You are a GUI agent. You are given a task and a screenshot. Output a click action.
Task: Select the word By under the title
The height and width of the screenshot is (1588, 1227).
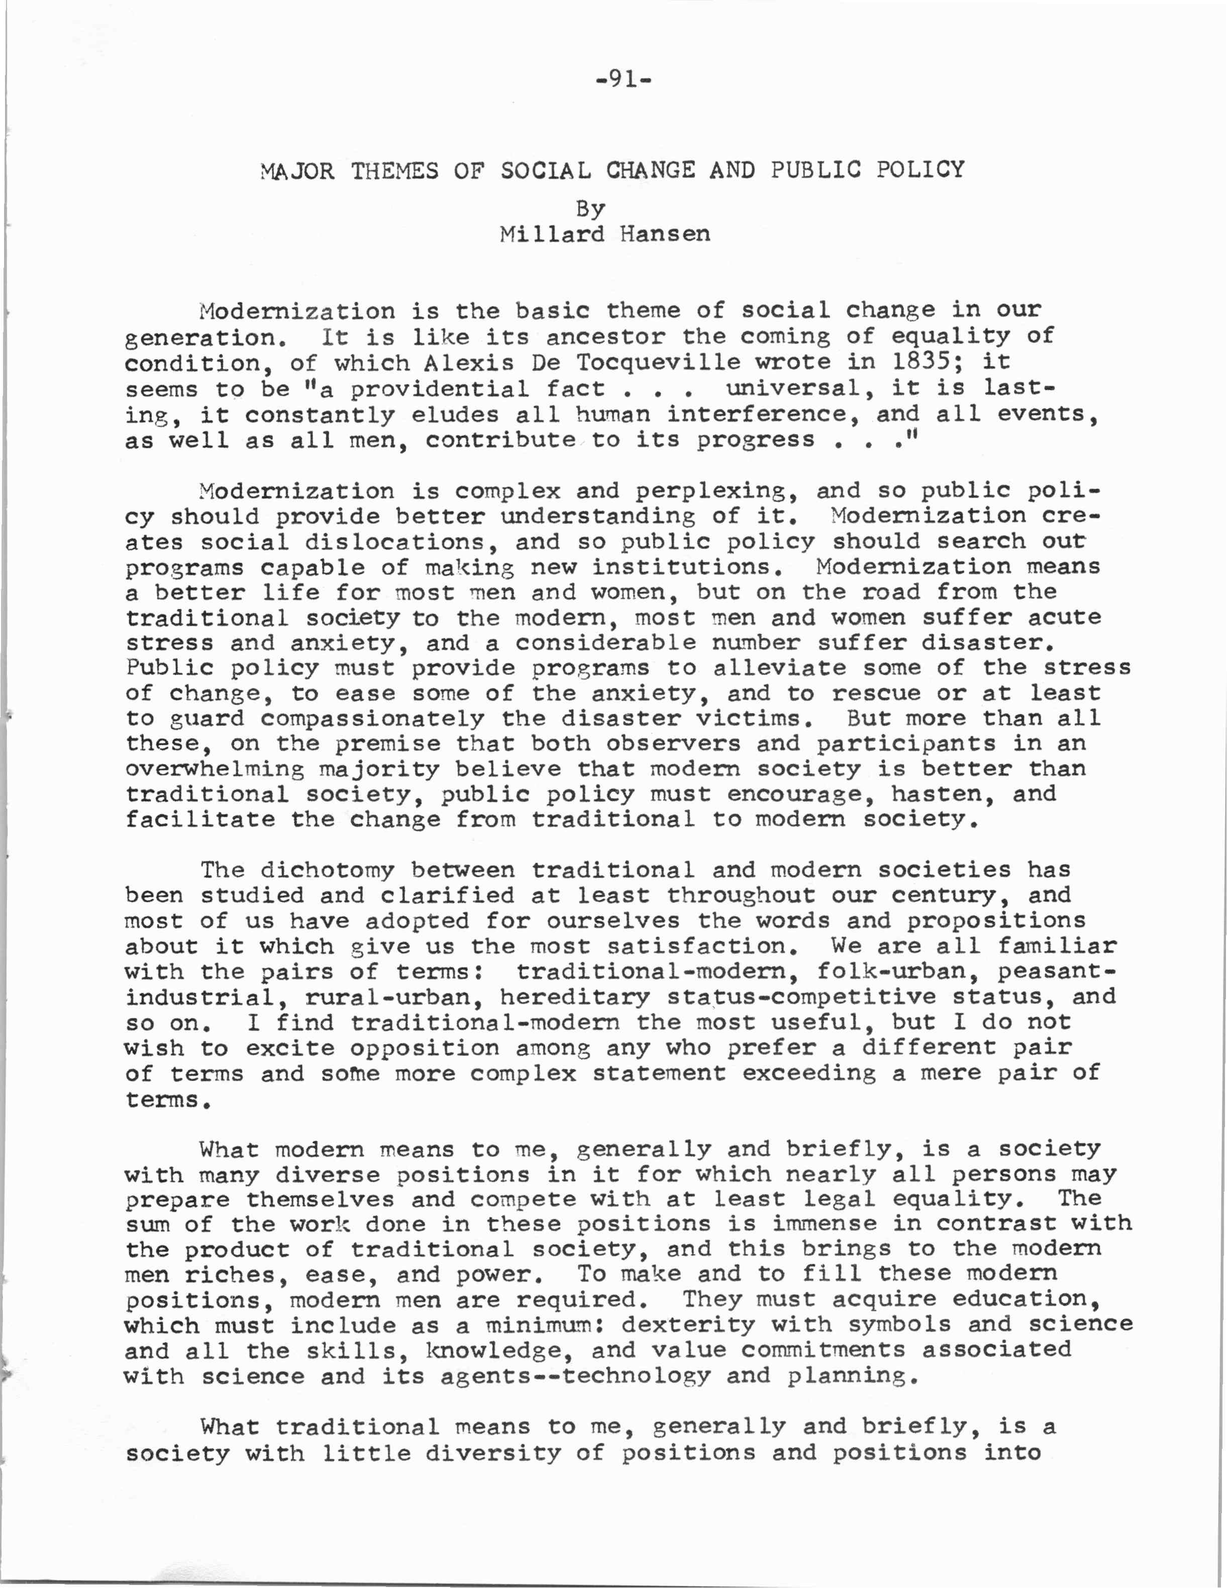point(590,209)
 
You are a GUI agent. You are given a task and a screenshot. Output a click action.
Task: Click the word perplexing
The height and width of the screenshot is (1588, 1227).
point(711,491)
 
